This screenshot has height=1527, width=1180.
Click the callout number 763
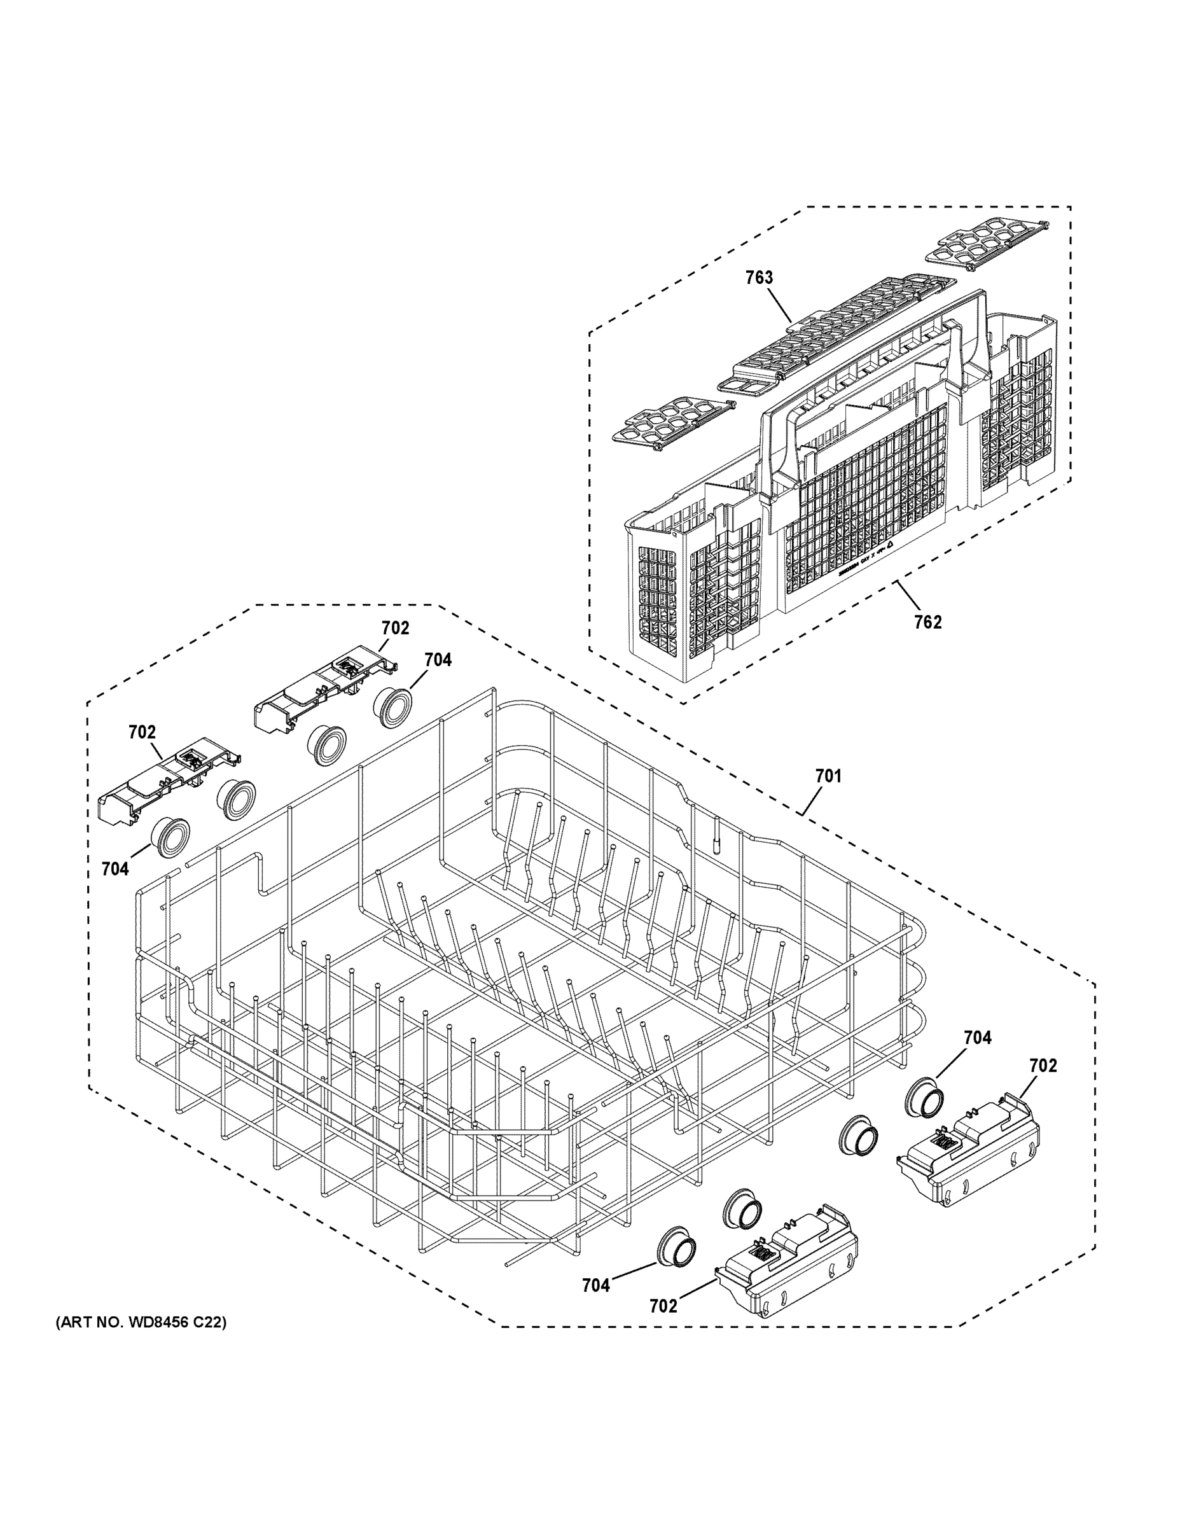[x=758, y=277]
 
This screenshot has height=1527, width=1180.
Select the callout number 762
[x=927, y=622]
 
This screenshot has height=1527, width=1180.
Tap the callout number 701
[x=828, y=776]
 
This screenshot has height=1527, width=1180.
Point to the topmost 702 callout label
[x=395, y=628]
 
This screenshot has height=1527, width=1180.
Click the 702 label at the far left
[x=142, y=732]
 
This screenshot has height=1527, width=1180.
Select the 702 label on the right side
[x=1043, y=1066]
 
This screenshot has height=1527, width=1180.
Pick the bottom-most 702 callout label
[x=663, y=1306]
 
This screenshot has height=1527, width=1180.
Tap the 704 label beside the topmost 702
[x=438, y=659]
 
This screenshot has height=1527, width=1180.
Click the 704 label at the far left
[x=115, y=869]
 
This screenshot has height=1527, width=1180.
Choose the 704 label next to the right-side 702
[x=977, y=1038]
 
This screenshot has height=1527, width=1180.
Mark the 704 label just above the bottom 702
[x=595, y=1285]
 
